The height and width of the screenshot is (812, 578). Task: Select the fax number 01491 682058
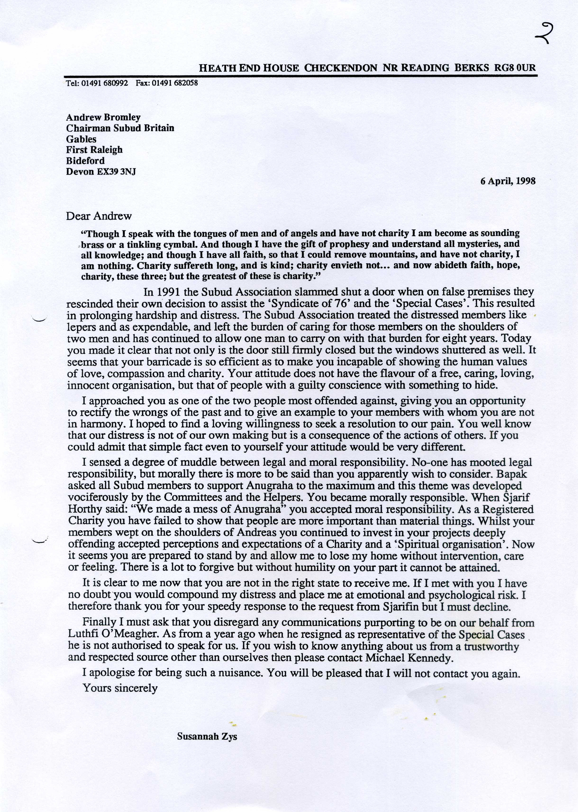(175, 83)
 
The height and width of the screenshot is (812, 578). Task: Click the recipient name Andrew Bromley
(103, 117)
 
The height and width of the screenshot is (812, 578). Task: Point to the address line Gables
(81, 139)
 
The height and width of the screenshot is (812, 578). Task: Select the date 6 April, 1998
(508, 181)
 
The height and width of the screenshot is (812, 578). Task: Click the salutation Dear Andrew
(99, 216)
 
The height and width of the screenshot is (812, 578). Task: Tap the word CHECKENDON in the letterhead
(341, 68)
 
